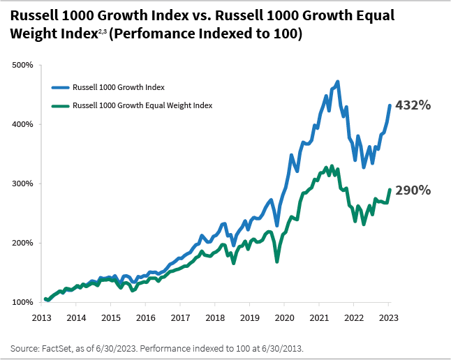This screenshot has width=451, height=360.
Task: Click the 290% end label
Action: point(413,190)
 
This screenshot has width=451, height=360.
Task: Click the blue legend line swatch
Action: point(61,87)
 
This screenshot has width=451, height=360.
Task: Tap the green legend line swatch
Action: point(61,105)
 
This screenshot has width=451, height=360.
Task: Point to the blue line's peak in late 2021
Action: point(337,82)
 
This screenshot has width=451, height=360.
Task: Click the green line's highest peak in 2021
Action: point(330,166)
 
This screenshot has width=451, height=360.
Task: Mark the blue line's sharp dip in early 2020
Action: point(277,225)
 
